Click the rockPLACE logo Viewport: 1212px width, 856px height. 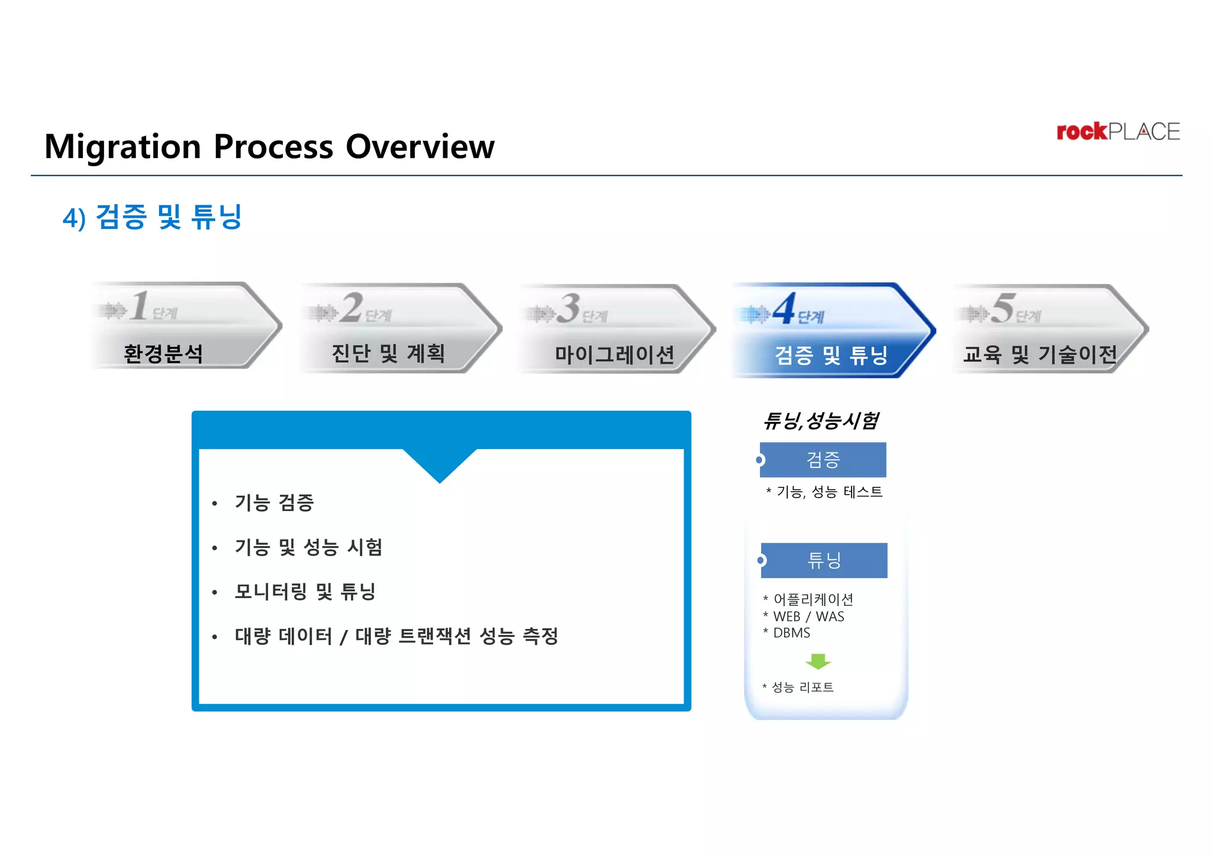(x=1117, y=131)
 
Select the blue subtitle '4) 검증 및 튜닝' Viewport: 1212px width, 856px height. (x=152, y=217)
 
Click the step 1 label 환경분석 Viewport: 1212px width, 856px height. (x=163, y=354)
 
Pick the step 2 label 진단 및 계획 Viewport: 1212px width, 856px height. (x=388, y=354)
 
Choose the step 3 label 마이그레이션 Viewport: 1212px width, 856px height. (x=614, y=355)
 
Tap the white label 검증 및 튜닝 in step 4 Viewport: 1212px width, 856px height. (x=831, y=356)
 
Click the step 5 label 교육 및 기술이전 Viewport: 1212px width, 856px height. (x=1040, y=355)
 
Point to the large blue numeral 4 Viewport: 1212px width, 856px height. (x=784, y=309)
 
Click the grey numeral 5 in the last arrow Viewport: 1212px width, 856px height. (x=1003, y=308)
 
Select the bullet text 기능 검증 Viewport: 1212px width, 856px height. (x=274, y=503)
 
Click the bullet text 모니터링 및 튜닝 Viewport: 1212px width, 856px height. (x=305, y=592)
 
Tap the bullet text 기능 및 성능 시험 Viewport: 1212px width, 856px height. (x=308, y=547)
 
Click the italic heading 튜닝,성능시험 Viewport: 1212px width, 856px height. (x=821, y=421)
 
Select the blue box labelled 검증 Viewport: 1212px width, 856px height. (x=823, y=460)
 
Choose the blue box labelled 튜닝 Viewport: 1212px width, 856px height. (x=824, y=560)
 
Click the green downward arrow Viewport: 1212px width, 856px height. (x=818, y=661)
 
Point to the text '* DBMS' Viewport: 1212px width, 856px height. (x=787, y=633)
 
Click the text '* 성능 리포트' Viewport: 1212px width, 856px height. (x=798, y=687)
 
